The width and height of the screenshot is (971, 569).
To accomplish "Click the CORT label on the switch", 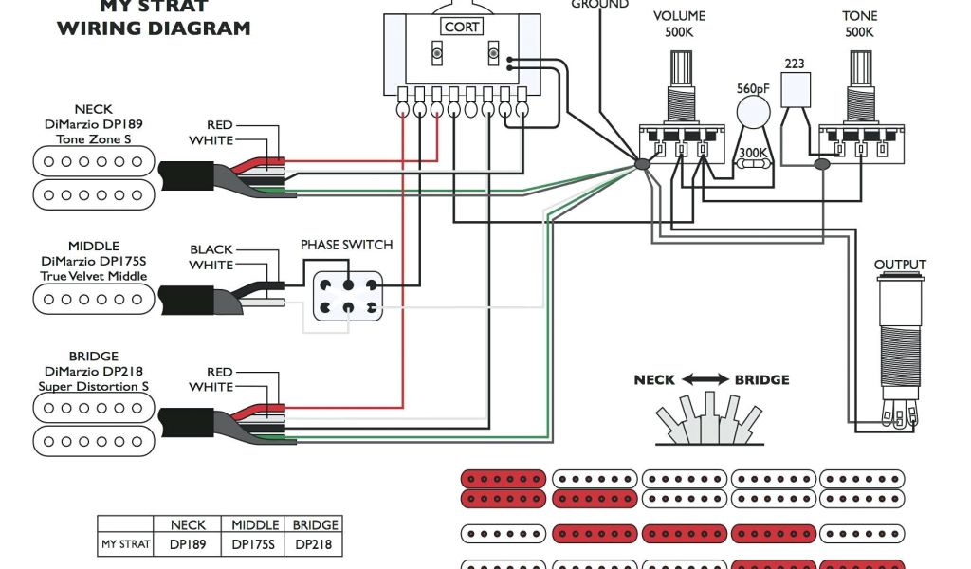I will (462, 28).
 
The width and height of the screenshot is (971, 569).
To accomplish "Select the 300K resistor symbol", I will (755, 163).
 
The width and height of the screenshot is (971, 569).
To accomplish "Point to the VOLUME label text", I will (679, 16).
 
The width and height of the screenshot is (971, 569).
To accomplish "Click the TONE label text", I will (860, 16).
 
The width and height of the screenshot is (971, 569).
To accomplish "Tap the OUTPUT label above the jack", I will (900, 265).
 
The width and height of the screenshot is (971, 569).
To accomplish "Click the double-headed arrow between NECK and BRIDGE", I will (705, 379).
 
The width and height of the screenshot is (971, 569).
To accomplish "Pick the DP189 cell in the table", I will (188, 545).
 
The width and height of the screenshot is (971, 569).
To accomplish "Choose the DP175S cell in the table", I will (255, 545).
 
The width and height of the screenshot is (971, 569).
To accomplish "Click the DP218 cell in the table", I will (315, 545).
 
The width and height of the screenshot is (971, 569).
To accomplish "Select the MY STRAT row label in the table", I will (126, 545).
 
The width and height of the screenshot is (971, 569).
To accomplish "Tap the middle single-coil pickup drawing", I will (93, 300).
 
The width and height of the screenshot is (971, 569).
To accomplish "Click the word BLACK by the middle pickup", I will (211, 250).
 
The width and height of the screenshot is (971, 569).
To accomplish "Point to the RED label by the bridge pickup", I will (219, 373).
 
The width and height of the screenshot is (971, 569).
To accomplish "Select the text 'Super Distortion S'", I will (93, 387).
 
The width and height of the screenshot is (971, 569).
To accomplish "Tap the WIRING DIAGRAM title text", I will (154, 28).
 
